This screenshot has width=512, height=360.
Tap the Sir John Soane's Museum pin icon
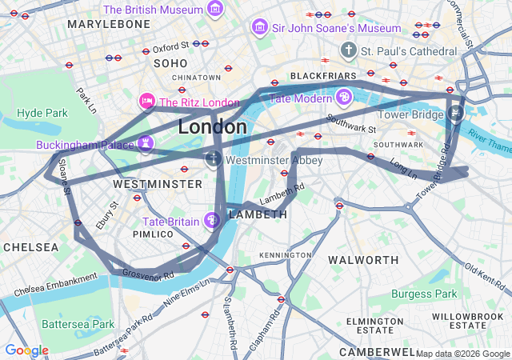pos(259,28)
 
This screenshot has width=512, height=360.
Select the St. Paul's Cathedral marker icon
pos(348,51)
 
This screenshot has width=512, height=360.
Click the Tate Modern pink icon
pos(344,98)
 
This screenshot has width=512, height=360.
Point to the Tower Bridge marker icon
pos(455,114)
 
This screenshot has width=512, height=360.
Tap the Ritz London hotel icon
pos(146,102)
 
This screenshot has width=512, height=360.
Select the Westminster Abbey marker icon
pos(214,160)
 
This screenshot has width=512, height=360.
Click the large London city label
pos(212,127)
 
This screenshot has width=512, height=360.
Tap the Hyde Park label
pos(42,114)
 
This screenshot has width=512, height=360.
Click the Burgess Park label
pos(424,294)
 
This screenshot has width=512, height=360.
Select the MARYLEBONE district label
pos(109,25)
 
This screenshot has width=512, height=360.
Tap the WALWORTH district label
pos(363,260)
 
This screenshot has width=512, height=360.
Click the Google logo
pos(26,350)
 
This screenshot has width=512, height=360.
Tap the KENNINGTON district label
pos(286,254)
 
